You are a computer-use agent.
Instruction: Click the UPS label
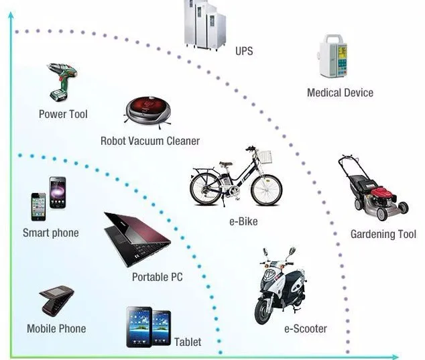[244, 51]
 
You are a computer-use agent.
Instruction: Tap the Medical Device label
[340, 93]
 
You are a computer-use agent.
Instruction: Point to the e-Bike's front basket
[265, 156]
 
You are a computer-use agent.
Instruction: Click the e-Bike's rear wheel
[206, 188]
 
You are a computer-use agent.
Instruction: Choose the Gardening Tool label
[383, 234]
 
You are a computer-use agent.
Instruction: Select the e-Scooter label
[305, 328]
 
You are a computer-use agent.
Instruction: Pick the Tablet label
[188, 342]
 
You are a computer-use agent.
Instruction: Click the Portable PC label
[157, 277]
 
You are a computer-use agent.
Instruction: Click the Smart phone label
[51, 233]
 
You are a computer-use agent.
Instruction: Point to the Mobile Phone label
[56, 328]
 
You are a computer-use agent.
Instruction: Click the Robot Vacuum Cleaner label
[150, 141]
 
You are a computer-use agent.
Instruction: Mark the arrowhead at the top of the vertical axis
[11, 15]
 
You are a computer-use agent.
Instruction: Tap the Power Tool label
[63, 114]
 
